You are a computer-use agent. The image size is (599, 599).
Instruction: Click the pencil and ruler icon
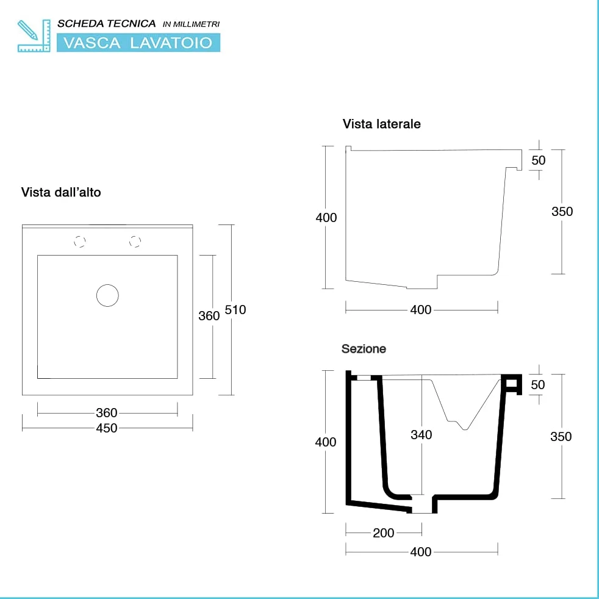(x=34, y=35)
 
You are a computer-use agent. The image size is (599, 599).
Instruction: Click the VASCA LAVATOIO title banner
(x=138, y=43)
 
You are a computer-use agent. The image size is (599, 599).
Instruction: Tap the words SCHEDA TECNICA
(x=106, y=24)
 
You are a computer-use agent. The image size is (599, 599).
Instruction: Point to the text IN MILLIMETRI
(x=191, y=24)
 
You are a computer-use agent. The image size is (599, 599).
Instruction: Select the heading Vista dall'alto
(x=61, y=192)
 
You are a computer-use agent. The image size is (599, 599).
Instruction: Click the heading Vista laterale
(x=382, y=124)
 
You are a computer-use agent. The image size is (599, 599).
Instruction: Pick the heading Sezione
(x=364, y=349)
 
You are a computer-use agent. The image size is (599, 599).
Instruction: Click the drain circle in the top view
(x=107, y=295)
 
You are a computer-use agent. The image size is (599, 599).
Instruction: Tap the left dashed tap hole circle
(x=79, y=242)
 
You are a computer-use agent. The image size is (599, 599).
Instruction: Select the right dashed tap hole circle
(x=135, y=242)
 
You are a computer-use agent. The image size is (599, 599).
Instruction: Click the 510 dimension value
(x=235, y=310)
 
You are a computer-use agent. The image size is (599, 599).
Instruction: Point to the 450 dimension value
(x=107, y=428)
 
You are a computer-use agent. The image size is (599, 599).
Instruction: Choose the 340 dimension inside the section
(x=421, y=435)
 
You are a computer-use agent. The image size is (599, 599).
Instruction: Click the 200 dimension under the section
(x=384, y=533)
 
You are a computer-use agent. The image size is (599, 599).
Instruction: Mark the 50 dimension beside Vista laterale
(x=539, y=160)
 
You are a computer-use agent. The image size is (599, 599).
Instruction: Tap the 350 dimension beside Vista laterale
(x=562, y=212)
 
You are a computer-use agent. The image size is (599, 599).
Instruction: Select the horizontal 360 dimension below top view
(x=107, y=413)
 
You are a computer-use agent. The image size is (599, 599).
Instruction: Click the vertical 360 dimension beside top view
(x=209, y=316)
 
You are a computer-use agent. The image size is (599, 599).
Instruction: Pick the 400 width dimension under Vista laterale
(x=421, y=310)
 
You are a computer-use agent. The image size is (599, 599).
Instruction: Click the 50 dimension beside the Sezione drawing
(x=538, y=385)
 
